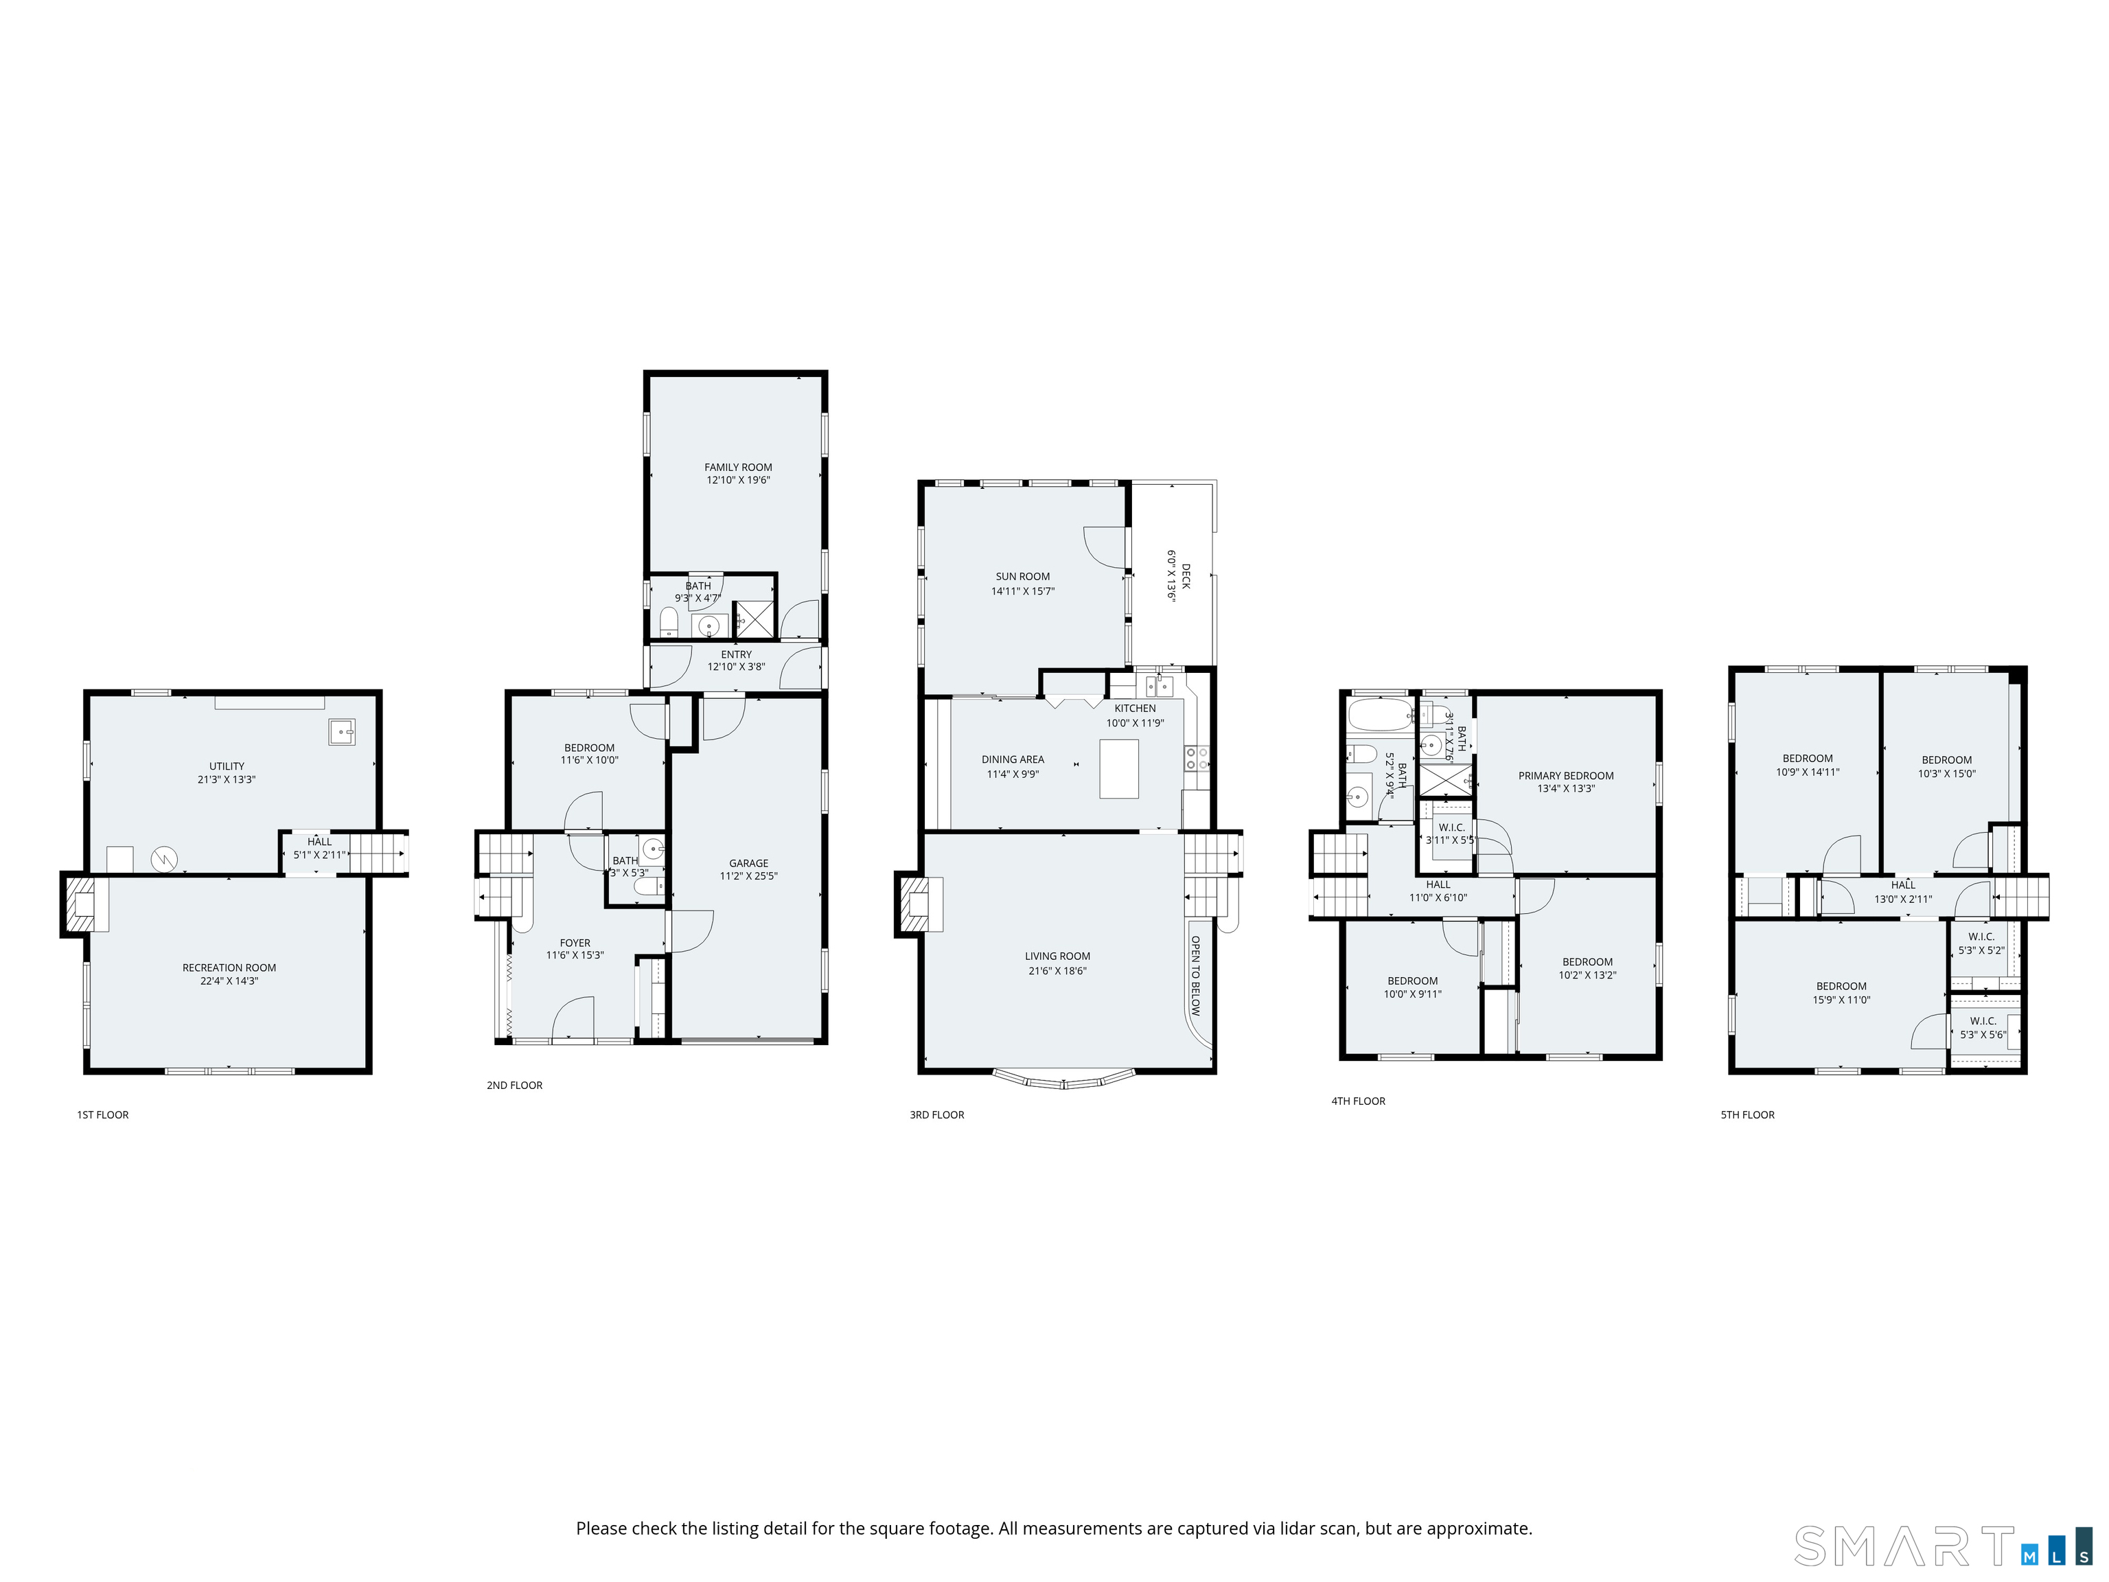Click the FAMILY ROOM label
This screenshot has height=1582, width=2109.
coord(738,468)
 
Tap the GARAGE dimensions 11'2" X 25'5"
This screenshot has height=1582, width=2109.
coord(748,876)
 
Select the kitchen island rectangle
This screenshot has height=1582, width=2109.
coord(1118,768)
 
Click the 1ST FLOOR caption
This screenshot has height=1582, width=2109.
coord(103,1114)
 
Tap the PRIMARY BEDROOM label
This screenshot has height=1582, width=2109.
coord(1565,775)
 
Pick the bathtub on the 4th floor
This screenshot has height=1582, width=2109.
coord(1380,713)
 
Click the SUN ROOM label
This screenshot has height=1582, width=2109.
coord(1022,576)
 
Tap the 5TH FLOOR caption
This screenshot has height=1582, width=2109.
coord(1748,1114)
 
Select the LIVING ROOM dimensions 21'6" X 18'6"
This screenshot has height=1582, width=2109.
coord(1057,971)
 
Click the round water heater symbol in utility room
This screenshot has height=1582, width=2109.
coord(164,859)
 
